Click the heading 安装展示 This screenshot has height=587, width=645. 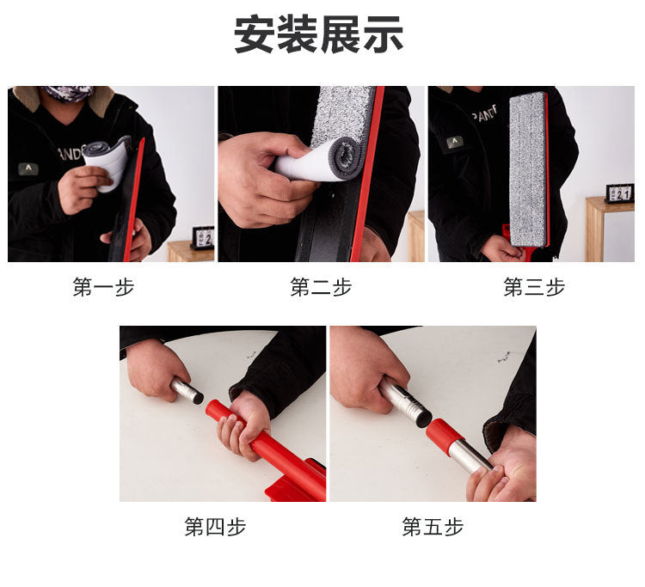(x=319, y=34)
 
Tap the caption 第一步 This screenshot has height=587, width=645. (x=104, y=287)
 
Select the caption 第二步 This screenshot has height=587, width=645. (x=321, y=287)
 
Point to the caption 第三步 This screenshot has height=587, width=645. (x=534, y=287)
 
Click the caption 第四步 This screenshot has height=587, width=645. (x=215, y=527)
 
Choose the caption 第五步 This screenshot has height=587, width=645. (x=433, y=527)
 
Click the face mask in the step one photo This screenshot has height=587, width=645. (x=68, y=93)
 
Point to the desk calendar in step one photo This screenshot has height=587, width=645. (x=203, y=237)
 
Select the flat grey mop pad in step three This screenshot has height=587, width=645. (x=528, y=169)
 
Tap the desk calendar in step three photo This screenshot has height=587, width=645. (x=619, y=193)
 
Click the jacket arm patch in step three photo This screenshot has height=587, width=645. (x=455, y=142)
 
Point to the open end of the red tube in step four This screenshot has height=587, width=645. (x=212, y=408)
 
